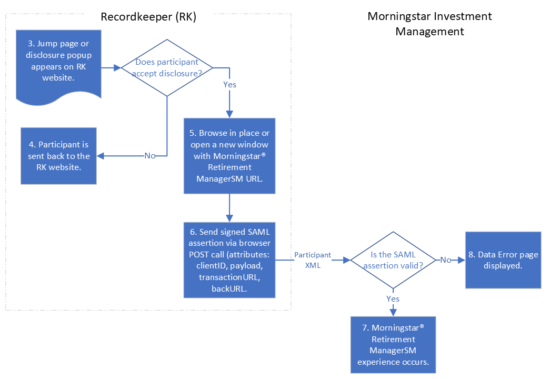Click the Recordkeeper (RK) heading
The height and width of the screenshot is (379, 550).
click(148, 17)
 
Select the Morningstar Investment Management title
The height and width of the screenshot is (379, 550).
click(429, 24)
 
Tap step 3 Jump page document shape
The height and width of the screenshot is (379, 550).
click(58, 63)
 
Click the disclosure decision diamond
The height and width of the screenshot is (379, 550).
click(167, 67)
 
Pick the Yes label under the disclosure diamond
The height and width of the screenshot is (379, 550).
click(230, 85)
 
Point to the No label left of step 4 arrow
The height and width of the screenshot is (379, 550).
click(150, 156)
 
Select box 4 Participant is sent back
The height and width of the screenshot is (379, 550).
click(58, 156)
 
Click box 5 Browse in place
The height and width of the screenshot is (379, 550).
click(229, 156)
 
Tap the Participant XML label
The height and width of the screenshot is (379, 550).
click(313, 260)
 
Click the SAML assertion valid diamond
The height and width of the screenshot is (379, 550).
click(393, 260)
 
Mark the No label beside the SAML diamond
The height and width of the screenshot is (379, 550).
click(446, 260)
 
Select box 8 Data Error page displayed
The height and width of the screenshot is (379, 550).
click(503, 260)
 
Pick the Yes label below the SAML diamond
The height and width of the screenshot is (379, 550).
click(393, 299)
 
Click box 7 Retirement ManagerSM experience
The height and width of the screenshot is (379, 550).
click(393, 344)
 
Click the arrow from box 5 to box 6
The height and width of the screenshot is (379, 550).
click(229, 208)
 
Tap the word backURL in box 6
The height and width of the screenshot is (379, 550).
click(229, 288)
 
